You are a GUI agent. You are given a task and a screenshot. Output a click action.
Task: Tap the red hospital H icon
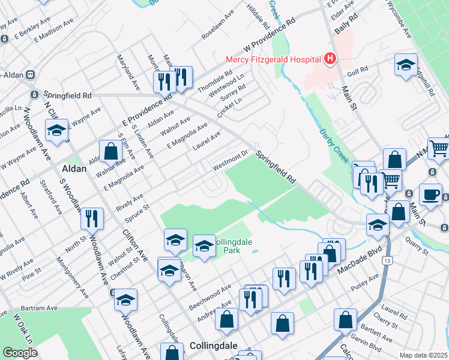[x=330, y=59]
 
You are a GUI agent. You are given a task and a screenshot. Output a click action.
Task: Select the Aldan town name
[x=73, y=169]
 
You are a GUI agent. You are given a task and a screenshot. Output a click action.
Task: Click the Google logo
[x=20, y=353]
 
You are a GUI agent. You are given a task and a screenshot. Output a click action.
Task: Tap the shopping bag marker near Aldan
[x=111, y=152]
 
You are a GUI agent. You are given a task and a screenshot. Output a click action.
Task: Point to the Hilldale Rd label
[x=258, y=17]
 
